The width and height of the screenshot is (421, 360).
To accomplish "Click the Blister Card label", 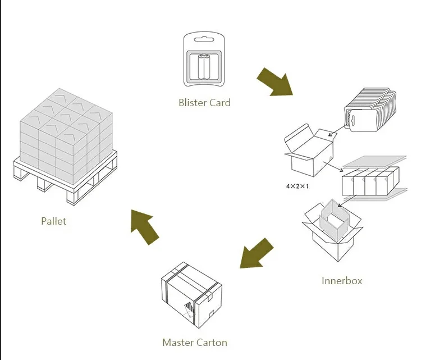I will coord(204,102).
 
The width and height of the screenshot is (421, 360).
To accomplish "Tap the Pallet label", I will coord(53,221).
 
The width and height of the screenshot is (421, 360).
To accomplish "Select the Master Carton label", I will coord(194,342).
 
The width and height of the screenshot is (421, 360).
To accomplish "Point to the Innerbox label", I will coord(342,280).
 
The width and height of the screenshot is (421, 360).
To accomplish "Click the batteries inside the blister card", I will coord(203,68).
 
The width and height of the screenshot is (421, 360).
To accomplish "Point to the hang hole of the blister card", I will coord(204,39).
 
